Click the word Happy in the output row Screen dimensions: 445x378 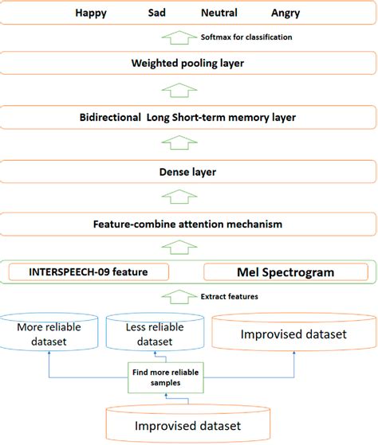90,13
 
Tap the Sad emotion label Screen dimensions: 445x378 158,13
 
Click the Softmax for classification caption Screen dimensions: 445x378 246,37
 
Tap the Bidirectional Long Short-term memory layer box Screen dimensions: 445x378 188,117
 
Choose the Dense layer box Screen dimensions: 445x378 188,171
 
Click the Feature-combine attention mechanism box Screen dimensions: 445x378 188,224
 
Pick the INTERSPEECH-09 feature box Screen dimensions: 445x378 89,272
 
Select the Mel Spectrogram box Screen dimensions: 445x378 285,272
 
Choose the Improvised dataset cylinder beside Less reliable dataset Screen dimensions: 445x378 293,334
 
